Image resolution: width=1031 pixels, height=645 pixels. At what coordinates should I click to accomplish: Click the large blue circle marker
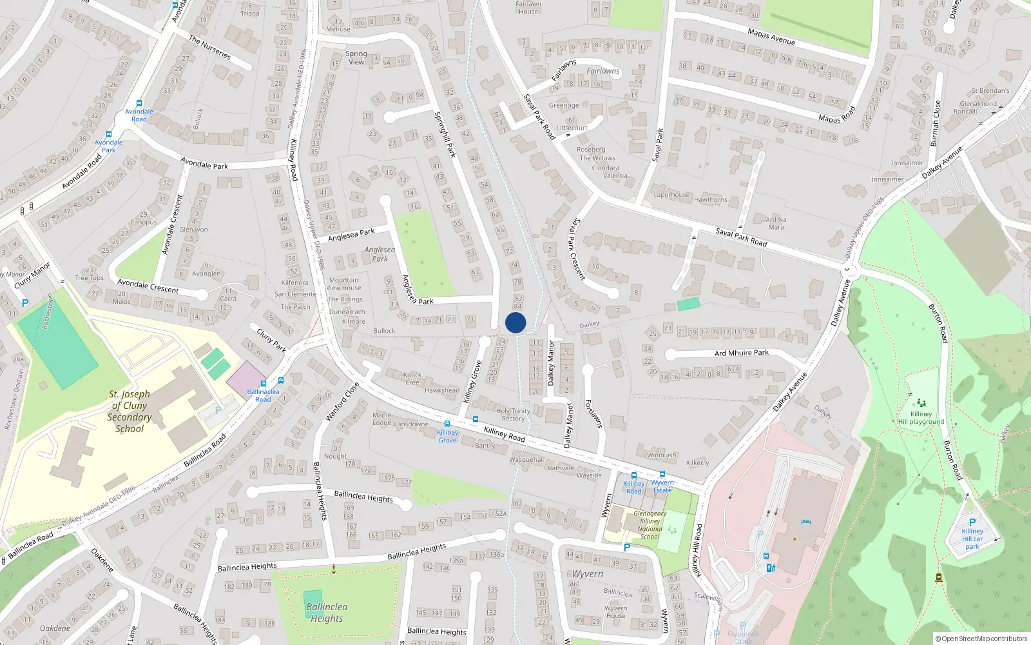(515, 322)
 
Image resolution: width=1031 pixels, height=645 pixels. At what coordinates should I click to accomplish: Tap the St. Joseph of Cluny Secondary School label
(130, 411)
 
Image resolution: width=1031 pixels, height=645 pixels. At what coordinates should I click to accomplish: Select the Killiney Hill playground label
(921, 417)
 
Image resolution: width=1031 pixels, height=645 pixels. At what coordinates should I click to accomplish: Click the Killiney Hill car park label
(972, 539)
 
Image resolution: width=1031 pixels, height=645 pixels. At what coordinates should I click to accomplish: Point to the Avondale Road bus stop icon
(139, 103)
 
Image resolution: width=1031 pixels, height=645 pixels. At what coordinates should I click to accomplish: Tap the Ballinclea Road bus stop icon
(263, 384)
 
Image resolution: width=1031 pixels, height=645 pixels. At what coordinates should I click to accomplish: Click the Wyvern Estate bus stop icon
(662, 474)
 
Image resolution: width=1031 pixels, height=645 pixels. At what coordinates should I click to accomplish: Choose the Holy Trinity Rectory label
(513, 415)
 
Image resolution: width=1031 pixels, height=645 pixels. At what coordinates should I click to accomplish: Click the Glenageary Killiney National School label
(650, 525)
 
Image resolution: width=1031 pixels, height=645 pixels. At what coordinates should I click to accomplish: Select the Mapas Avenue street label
(771, 37)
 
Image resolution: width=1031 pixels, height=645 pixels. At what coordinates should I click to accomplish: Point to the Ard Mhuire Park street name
(741, 353)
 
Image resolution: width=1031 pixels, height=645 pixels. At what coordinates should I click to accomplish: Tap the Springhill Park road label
(445, 134)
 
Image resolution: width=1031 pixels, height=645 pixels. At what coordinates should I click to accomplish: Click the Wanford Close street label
(342, 402)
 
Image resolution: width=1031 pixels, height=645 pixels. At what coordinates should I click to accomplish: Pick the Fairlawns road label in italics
(602, 71)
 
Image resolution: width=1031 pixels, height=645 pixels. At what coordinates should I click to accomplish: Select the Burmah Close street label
(936, 123)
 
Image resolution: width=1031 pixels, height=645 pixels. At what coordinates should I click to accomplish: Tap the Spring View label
(356, 58)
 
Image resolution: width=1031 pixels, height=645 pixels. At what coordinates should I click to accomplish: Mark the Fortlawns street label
(593, 414)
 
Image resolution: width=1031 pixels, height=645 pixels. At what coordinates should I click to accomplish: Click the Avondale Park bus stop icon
(108, 135)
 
